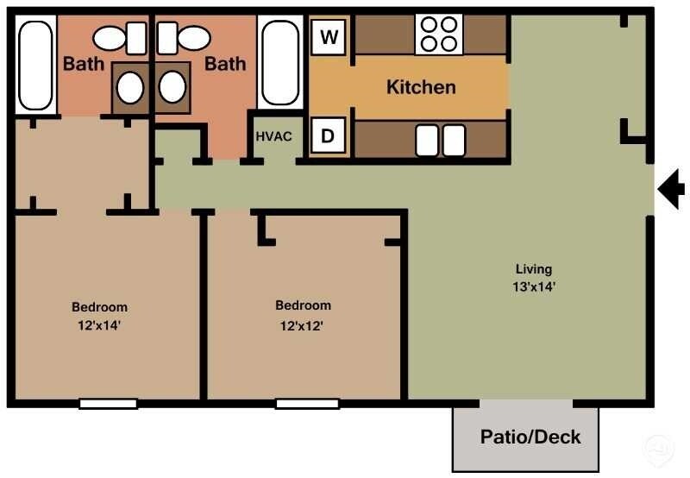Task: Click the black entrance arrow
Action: [671, 190]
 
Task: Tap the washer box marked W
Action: [329, 37]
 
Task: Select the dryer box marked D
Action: [329, 135]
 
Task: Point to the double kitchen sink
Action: [440, 141]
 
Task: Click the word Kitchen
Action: [421, 87]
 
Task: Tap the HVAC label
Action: [273, 136]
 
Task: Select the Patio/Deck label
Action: [530, 437]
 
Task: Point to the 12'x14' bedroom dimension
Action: [99, 325]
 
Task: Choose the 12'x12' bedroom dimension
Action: [303, 325]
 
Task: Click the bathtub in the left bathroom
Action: [35, 66]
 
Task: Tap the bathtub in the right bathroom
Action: [279, 66]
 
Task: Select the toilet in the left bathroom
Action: [121, 38]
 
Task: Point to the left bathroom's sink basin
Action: [130, 87]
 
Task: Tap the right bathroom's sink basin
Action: [172, 87]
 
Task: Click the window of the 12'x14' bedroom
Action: [108, 403]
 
